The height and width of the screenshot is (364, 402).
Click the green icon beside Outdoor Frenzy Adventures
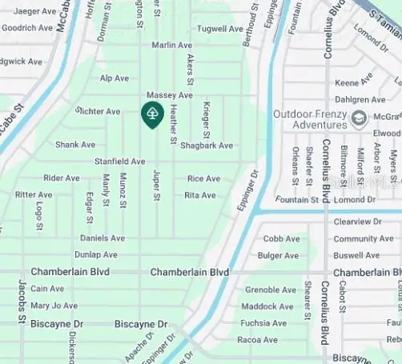359,118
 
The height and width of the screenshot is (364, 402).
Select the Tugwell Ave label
219,29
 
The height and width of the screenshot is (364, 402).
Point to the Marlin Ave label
172,46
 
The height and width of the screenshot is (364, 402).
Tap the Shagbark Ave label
207,146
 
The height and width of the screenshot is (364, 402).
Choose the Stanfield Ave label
119,162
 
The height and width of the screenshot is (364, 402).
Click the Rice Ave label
203,178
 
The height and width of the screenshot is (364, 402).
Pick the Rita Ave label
200,195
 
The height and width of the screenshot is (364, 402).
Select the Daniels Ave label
103,238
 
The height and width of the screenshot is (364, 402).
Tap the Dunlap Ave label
96,255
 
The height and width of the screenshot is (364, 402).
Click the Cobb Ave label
282,238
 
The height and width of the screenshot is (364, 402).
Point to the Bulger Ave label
279,256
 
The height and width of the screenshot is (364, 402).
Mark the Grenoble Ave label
270,290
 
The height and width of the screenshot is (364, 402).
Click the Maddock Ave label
267,306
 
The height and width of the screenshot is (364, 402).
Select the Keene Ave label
353,83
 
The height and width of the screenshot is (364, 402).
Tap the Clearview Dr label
358,222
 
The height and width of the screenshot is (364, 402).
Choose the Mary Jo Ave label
54,306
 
